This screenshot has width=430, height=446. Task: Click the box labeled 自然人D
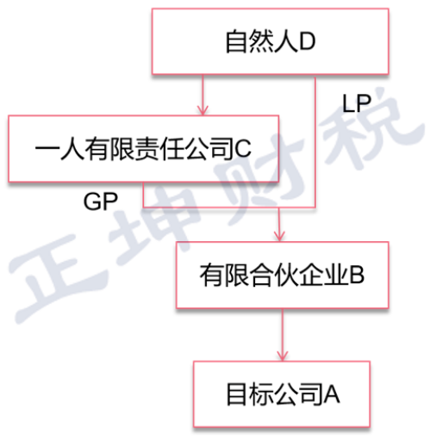click(270, 41)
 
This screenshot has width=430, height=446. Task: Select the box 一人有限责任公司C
click(143, 149)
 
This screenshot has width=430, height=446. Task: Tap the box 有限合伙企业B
click(283, 275)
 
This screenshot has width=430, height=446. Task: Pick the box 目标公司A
click(282, 394)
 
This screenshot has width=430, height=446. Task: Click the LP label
click(357, 103)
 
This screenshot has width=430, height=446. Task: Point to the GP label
click(101, 201)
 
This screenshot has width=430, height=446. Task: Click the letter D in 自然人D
click(307, 41)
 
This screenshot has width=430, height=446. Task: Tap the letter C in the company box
click(243, 148)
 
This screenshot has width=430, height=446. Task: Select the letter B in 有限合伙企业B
click(357, 275)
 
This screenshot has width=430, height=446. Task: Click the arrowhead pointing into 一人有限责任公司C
click(203, 110)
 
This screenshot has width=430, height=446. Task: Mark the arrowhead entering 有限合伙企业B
click(279, 237)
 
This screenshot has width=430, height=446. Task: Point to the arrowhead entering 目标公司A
click(283, 356)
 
